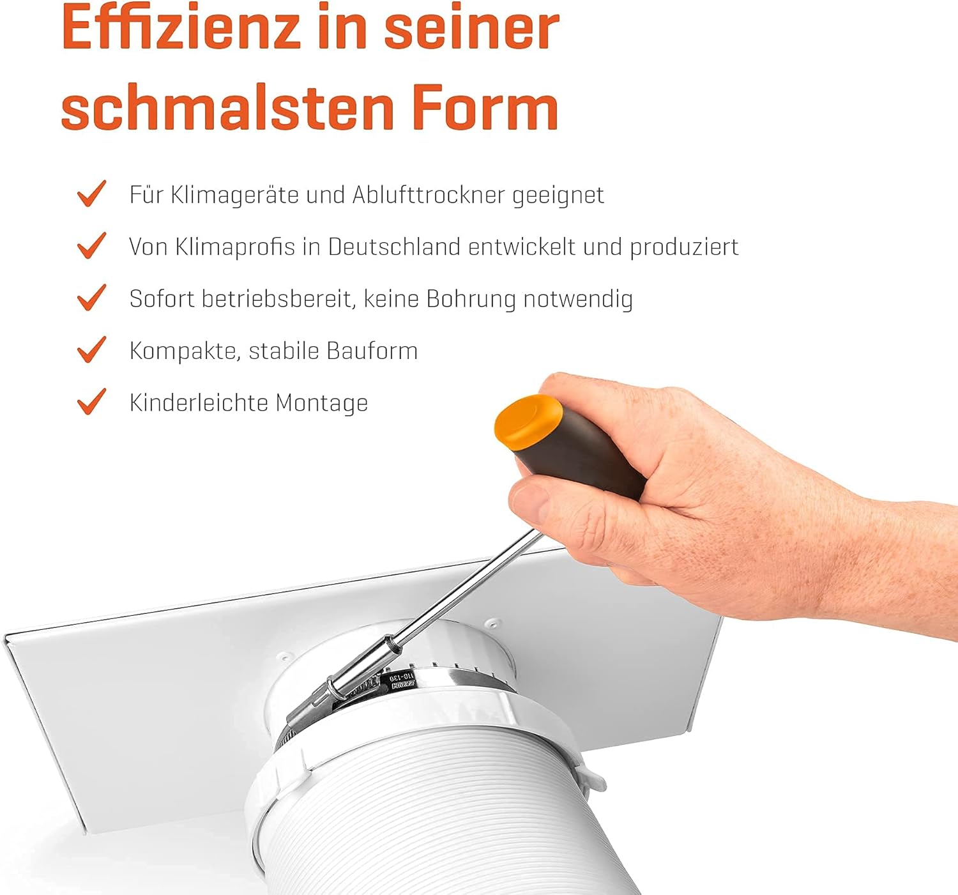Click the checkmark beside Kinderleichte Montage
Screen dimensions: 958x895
pos(92,401)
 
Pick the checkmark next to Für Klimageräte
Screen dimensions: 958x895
pos(92,193)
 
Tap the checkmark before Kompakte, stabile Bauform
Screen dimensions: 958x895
pos(92,349)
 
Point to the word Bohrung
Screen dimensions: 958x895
pos(471,299)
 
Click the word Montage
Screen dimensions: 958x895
pos(322,403)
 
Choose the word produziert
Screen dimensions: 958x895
pos(684,248)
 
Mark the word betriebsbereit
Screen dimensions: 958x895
pos(277,299)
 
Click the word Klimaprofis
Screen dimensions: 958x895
pos(234,248)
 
